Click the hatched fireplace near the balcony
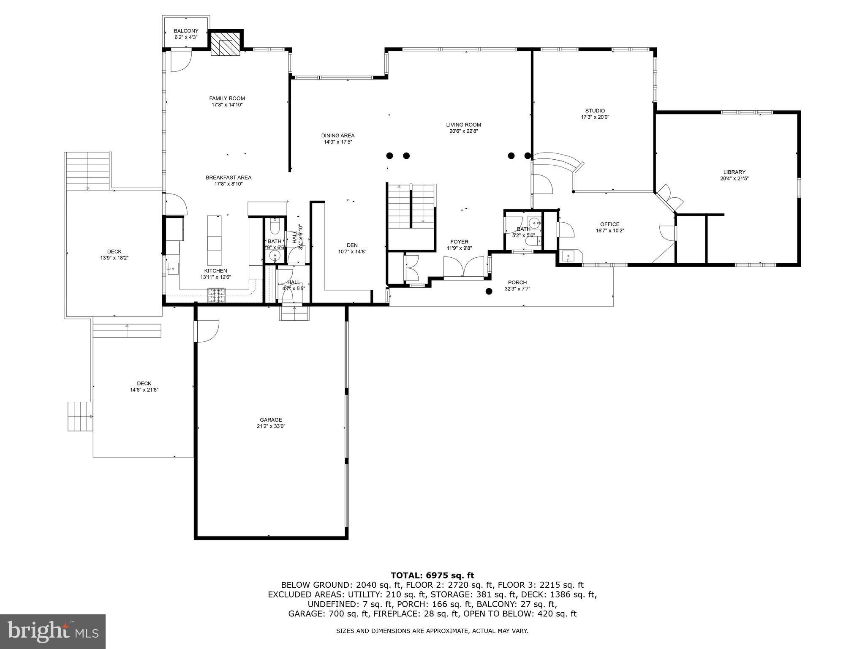[x=226, y=43]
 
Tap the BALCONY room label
[x=186, y=31]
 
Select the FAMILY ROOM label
[x=227, y=98]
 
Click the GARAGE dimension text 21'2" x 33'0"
[x=271, y=426]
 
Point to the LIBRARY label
[x=734, y=172]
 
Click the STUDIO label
[x=595, y=111]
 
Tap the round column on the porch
[x=489, y=291]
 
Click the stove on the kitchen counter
[x=217, y=295]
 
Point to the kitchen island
[x=214, y=240]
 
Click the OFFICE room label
[x=609, y=224]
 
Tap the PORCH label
[x=517, y=283]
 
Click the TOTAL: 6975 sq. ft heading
[x=432, y=575]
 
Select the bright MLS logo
[x=53, y=632]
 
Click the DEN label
[x=352, y=245]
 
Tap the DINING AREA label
[x=337, y=136]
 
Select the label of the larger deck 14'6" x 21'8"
[x=144, y=384]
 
